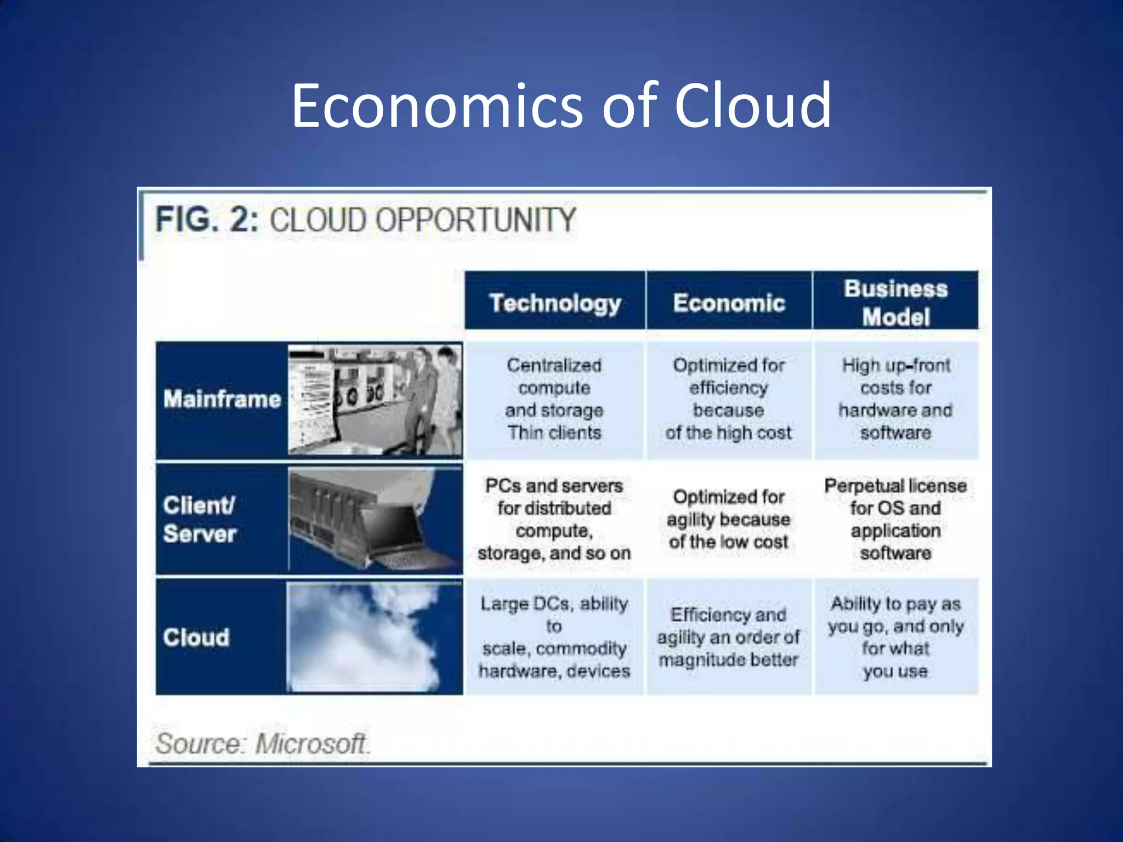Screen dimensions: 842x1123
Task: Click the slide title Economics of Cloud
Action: (x=561, y=105)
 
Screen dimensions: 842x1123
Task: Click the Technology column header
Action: (x=555, y=302)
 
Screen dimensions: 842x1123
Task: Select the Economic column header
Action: (x=729, y=302)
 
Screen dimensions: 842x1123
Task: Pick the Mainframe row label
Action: (x=222, y=399)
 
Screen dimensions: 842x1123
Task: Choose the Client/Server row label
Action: (x=200, y=519)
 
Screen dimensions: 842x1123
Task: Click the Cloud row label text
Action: (x=196, y=638)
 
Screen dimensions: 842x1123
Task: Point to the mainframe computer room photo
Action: (x=375, y=400)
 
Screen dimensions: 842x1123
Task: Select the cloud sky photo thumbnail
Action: (x=375, y=638)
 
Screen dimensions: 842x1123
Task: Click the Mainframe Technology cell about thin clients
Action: (x=554, y=399)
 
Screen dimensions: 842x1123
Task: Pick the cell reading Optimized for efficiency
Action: (x=729, y=399)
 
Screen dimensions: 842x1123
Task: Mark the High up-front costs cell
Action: (x=895, y=399)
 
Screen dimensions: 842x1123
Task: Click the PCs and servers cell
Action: (x=554, y=519)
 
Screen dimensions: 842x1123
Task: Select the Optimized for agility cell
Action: (x=729, y=519)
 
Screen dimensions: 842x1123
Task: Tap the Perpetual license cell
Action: (x=895, y=519)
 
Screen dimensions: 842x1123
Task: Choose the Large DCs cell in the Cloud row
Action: (x=554, y=637)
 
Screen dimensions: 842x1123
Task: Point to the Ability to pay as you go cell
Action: (x=895, y=637)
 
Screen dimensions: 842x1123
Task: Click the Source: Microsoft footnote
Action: (x=262, y=744)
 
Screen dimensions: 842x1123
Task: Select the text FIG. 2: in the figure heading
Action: (x=207, y=220)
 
